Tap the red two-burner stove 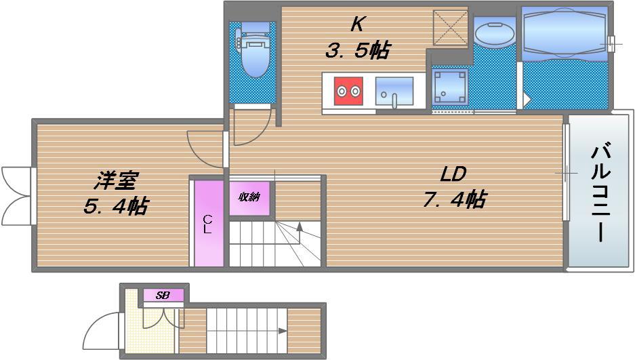click(348, 91)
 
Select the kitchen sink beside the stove click(394, 92)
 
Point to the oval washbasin click(494, 35)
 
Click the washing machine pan click(449, 87)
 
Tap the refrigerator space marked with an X click(450, 28)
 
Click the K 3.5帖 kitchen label click(358, 38)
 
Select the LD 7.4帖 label click(454, 186)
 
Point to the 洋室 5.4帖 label click(117, 193)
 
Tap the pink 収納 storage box click(249, 198)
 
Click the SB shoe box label click(163, 296)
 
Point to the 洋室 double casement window click(16, 195)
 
